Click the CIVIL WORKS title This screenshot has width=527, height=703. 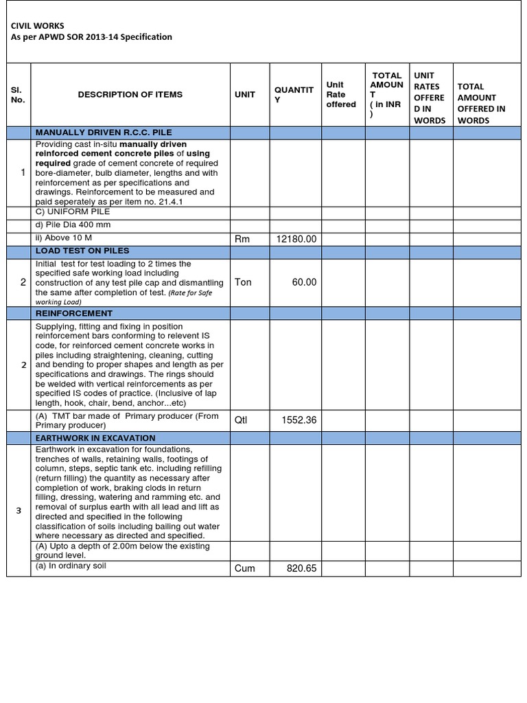click(x=37, y=25)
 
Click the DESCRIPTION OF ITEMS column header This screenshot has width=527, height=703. click(x=130, y=95)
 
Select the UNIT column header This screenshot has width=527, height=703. click(x=244, y=95)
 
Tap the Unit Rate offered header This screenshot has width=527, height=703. click(x=340, y=95)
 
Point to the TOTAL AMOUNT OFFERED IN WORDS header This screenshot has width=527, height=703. click(x=481, y=103)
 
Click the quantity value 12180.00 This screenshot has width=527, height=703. click(x=296, y=239)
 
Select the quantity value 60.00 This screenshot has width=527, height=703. click(x=304, y=282)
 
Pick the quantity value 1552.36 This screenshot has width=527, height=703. click(x=298, y=420)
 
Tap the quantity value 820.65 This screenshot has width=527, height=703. click(x=301, y=568)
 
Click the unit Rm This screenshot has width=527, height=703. click(x=242, y=239)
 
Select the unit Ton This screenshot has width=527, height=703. click(x=244, y=282)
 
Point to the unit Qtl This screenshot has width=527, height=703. click(x=241, y=420)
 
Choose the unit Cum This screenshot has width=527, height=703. click(x=245, y=568)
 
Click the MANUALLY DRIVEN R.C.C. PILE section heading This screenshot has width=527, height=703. click(x=104, y=132)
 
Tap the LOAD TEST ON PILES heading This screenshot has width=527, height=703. click(x=82, y=251)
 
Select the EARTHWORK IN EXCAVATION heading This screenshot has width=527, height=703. click(x=95, y=438)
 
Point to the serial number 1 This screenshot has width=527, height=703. click(x=23, y=172)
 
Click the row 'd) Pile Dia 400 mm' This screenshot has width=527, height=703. click(x=73, y=225)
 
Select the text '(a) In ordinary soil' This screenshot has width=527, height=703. click(x=71, y=566)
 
